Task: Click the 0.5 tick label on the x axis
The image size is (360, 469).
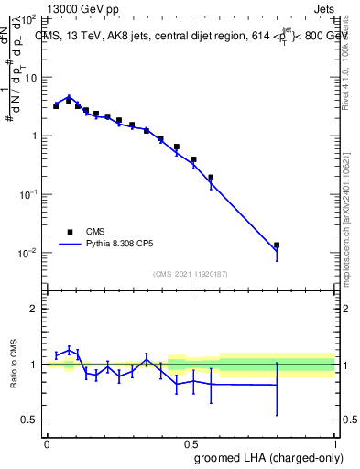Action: [191, 442]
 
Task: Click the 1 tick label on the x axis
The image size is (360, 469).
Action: [335, 442]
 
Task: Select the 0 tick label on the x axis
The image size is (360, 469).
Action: [47, 442]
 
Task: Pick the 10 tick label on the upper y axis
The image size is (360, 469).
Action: [33, 77]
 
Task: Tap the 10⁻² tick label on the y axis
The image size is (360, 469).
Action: [31, 253]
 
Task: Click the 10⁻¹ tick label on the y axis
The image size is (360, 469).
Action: [31, 194]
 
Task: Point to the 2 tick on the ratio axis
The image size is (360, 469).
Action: [37, 309]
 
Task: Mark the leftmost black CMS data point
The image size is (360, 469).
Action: [56, 106]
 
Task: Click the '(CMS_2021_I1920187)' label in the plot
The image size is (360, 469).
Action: [191, 274]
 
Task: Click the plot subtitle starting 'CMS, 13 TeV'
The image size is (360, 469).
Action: [183, 36]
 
